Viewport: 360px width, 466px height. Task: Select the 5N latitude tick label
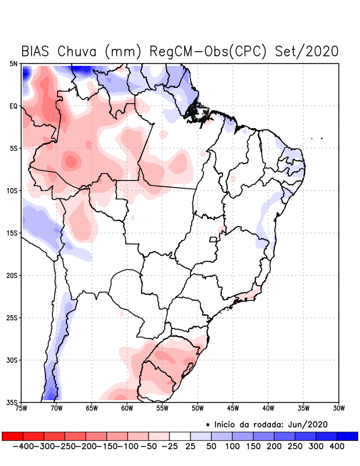(13, 63)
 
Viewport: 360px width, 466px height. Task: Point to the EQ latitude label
(13, 106)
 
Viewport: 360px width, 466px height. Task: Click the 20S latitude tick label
(12, 276)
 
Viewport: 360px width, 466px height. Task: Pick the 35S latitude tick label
(12, 402)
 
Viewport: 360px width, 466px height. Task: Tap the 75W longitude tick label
(22, 408)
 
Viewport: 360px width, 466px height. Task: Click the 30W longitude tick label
(339, 408)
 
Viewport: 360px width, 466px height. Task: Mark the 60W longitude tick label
(126, 408)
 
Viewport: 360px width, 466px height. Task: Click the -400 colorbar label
(22, 446)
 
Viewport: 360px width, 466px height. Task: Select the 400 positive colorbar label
(337, 446)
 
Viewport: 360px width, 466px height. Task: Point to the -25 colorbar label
(169, 446)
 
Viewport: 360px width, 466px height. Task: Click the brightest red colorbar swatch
(12, 436)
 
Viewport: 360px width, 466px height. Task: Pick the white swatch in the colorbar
(180, 436)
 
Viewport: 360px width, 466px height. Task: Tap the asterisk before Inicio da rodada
(208, 425)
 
